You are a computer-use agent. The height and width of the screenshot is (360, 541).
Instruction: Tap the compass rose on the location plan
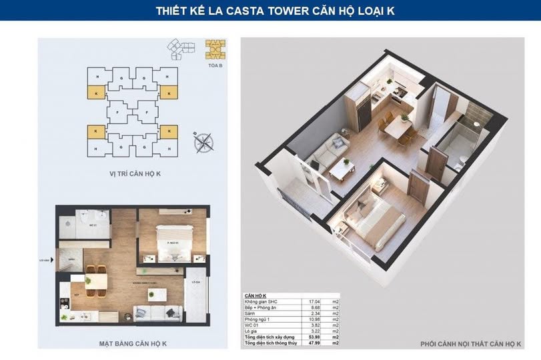pyautogui.click(x=203, y=141)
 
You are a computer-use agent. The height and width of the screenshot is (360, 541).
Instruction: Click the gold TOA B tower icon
pyautogui.click(x=215, y=51)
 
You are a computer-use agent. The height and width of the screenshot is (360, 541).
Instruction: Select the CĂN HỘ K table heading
pyautogui.click(x=255, y=295)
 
